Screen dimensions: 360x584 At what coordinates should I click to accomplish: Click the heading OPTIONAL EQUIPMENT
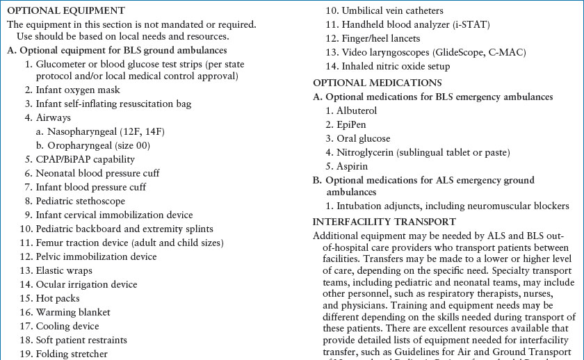65,10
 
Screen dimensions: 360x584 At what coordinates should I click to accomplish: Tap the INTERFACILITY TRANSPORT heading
384,222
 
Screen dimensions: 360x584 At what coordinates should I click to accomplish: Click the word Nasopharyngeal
81,132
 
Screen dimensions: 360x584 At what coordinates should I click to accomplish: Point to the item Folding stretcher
72,354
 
